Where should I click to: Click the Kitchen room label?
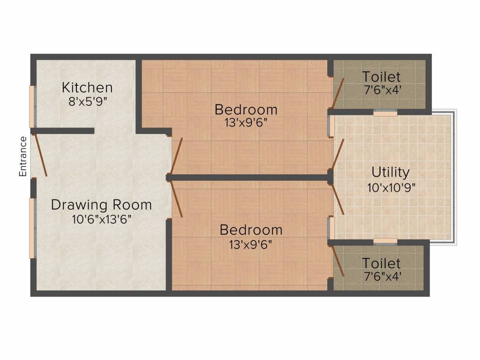88,88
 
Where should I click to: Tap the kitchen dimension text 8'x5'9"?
88,101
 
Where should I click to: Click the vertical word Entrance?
22,157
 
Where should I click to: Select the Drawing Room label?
101,205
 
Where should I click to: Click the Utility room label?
390,172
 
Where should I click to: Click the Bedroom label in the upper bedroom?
246,110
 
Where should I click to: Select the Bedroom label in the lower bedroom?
251,230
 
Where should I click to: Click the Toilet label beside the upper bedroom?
381,76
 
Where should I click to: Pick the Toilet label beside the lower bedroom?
381,263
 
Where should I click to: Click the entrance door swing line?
39,155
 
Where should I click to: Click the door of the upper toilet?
338,93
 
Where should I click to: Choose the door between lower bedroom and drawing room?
177,199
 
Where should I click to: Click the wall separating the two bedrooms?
248,178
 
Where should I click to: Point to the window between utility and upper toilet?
385,112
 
